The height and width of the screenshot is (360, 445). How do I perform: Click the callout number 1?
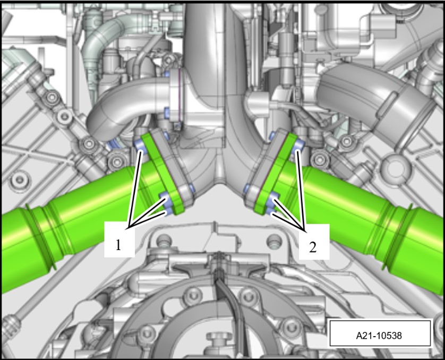[x=118, y=245]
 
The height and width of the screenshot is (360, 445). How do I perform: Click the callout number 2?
[x=312, y=247]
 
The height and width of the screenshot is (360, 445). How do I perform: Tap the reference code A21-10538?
[x=379, y=336]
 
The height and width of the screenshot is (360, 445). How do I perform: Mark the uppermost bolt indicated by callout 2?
[x=298, y=145]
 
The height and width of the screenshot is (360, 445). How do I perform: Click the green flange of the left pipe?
[x=162, y=173]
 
